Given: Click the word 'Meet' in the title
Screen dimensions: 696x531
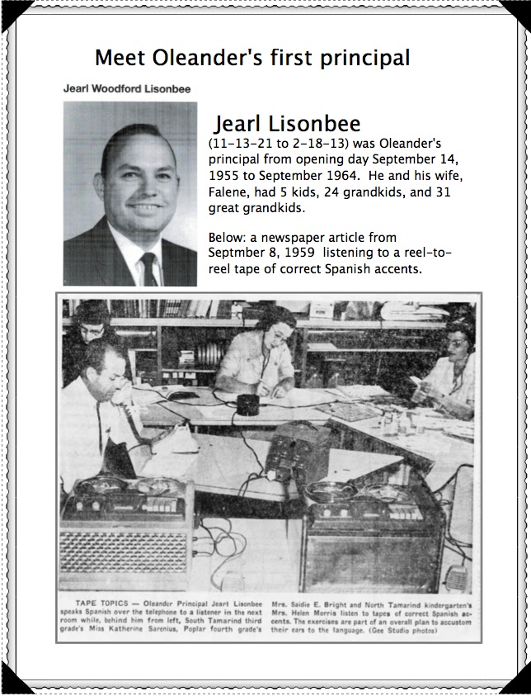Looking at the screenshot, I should point(120,59).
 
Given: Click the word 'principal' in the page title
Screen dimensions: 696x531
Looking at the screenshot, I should point(362,59).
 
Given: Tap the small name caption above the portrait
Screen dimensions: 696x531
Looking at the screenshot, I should point(129,88).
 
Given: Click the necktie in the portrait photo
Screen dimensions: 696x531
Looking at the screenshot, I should point(148,268).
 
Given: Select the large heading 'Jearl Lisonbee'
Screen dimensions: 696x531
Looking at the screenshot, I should point(287,124).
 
